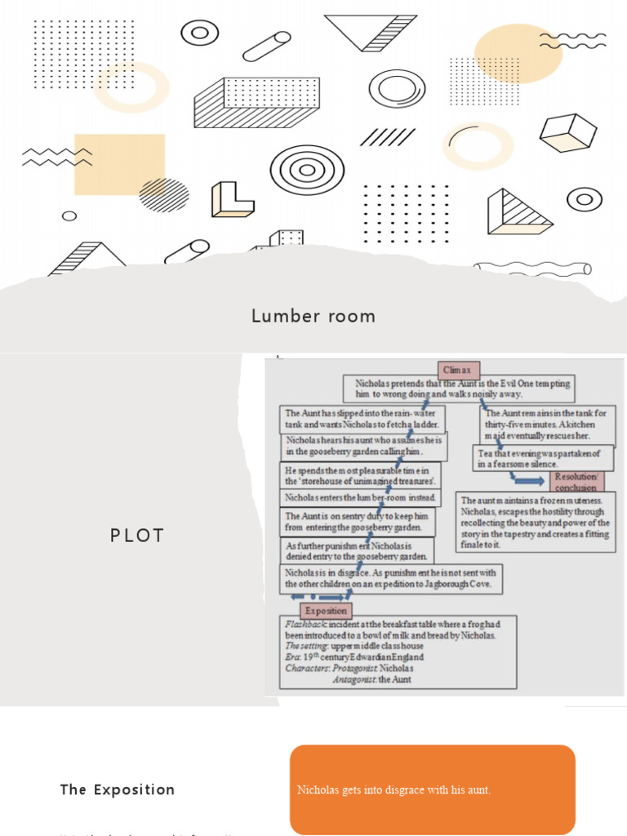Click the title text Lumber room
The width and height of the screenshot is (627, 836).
tap(313, 316)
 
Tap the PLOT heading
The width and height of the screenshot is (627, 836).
tap(137, 536)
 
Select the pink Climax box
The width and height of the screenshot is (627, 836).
tap(458, 370)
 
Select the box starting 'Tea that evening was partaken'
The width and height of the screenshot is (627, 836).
tap(542, 458)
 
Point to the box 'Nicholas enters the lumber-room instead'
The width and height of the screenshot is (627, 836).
tap(360, 497)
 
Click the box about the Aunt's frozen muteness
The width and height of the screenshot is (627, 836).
tap(536, 522)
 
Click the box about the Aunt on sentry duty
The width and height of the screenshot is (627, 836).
tap(357, 522)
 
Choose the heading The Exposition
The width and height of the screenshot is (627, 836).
tap(118, 789)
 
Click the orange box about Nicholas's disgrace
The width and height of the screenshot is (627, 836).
tap(432, 789)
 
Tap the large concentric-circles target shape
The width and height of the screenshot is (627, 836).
tap(307, 170)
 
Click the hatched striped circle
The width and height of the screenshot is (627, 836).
tap(163, 194)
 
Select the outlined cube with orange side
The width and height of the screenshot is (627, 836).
tap(568, 133)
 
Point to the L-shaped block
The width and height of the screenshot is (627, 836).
tap(232, 199)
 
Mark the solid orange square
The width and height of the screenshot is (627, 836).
tap(119, 164)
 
